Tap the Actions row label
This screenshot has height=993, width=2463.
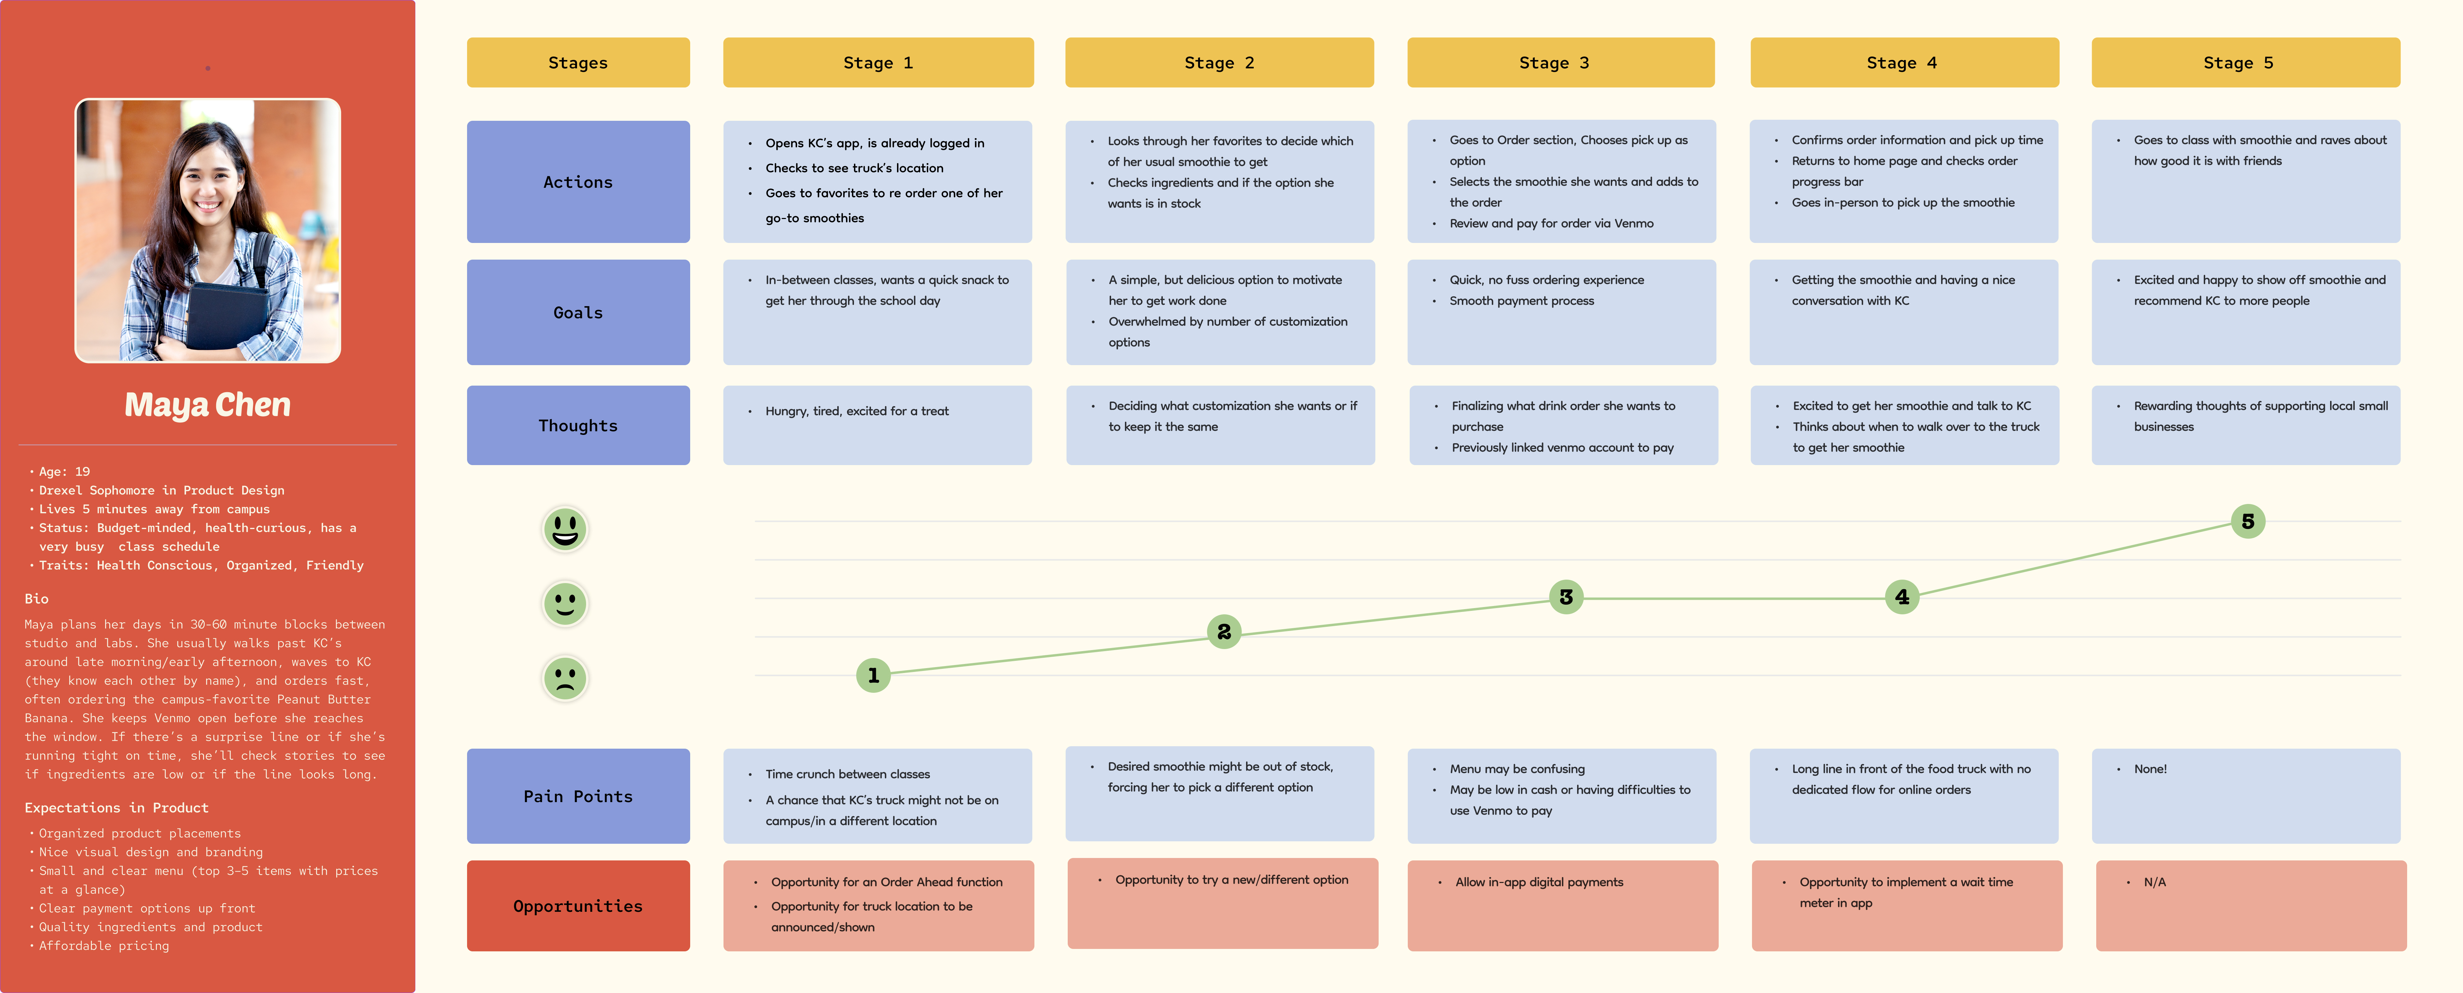577,182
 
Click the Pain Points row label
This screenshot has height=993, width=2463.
577,796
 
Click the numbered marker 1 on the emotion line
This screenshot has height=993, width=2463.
873,675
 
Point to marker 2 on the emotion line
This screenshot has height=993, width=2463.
1224,631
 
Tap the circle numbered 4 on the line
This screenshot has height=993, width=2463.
1902,597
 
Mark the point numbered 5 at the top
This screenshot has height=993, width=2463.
2248,521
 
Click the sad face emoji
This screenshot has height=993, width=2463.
565,678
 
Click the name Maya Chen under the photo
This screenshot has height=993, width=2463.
208,405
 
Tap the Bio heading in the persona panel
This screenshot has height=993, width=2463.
36,599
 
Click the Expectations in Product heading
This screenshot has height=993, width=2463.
117,807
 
